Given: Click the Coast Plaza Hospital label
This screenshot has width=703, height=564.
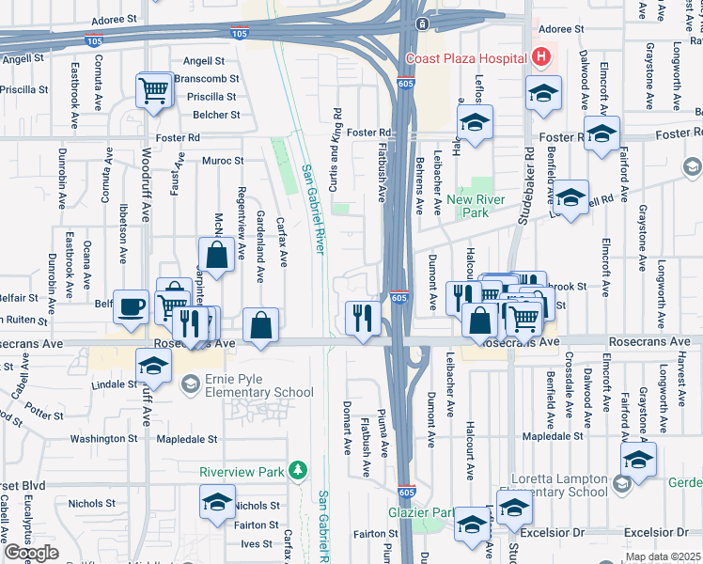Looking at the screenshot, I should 465,58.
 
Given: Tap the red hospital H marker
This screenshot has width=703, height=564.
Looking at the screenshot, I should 540,57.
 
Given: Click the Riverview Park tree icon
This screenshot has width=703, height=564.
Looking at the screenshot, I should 298,469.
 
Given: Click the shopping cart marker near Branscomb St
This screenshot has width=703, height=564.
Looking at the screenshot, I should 153,90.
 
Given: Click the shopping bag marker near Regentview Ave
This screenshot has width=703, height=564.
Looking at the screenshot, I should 216,254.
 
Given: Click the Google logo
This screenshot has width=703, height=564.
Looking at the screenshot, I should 30,553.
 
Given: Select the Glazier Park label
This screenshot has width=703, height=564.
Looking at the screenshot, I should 420,513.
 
